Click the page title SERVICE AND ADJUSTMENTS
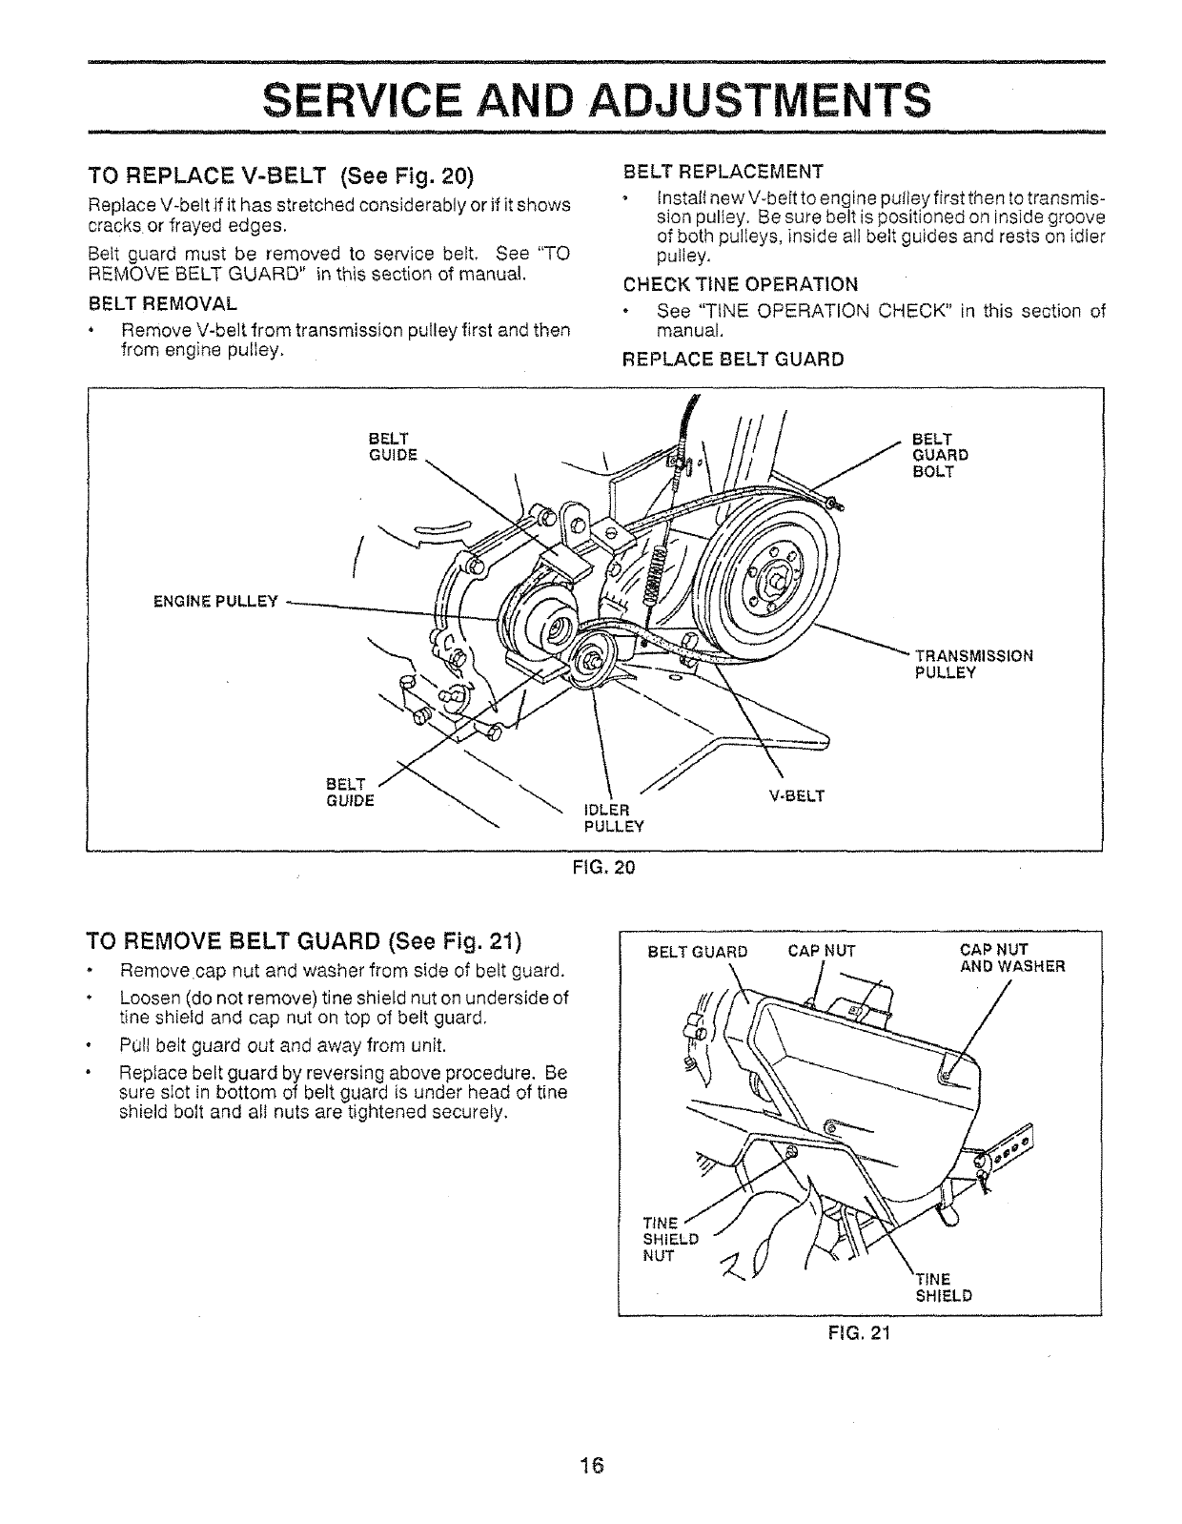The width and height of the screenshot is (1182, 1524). (x=595, y=98)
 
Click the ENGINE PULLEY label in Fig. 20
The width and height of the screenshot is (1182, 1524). (x=215, y=602)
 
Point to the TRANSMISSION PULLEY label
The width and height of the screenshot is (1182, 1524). (x=973, y=664)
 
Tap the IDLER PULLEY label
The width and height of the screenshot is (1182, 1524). (x=613, y=818)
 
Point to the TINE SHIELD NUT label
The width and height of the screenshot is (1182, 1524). (x=671, y=1239)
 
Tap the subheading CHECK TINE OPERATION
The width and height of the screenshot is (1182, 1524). (x=740, y=284)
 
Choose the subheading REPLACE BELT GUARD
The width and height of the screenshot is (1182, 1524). (x=732, y=360)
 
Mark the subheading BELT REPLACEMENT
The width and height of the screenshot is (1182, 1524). (x=723, y=173)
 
